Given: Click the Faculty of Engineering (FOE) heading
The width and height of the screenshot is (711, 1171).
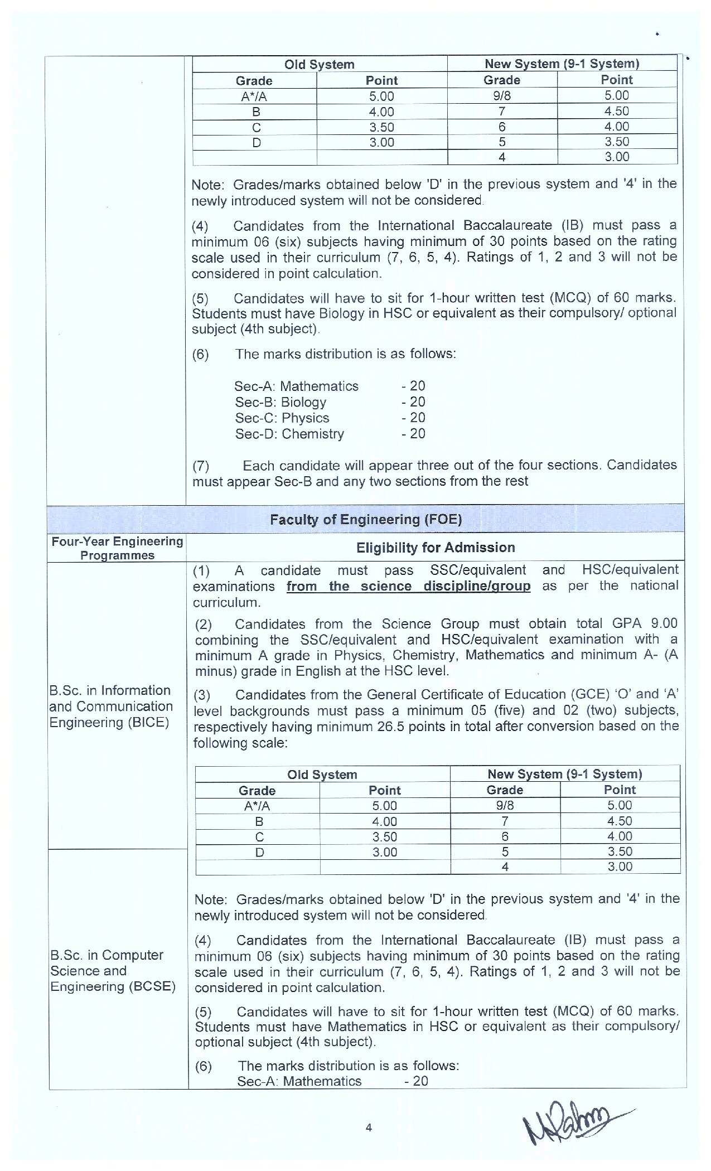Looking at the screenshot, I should tap(366, 519).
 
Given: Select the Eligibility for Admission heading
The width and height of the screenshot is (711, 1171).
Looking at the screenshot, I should tap(435, 548).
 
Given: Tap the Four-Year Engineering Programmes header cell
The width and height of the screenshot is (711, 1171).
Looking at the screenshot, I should tap(117, 548).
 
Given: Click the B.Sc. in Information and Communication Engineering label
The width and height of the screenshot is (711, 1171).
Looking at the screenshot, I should tap(111, 706).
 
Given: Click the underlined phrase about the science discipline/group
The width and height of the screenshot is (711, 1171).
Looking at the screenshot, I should tap(408, 586).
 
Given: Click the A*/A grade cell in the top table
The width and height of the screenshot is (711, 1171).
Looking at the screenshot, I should tap(254, 96).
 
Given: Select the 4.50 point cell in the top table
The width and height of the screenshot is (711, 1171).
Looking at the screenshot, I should tap(616, 111).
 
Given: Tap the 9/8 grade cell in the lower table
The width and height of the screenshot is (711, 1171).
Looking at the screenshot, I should tap(505, 805).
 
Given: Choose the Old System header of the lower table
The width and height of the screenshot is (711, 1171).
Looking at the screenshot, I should tap(322, 775).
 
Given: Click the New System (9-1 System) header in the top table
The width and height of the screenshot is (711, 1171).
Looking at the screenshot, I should tap(562, 64).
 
